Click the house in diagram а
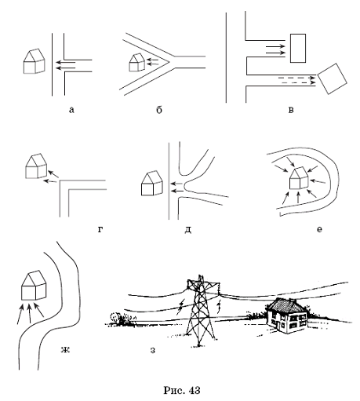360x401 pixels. [x=35, y=61]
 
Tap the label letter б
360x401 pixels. [x=159, y=110]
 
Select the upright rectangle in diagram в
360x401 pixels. [x=298, y=48]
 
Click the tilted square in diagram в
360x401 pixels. [x=333, y=78]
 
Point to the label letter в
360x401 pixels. [x=291, y=110]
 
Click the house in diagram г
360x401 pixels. [x=36, y=166]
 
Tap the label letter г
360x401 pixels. [x=100, y=229]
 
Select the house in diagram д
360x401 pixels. [x=152, y=183]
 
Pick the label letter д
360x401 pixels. [x=188, y=230]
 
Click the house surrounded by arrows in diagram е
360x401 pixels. [x=300, y=178]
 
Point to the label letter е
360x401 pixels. [x=319, y=229]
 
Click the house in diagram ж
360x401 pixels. [x=34, y=285]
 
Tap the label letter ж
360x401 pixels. [x=65, y=349]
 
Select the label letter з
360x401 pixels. [x=153, y=350]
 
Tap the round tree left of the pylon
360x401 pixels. [x=115, y=317]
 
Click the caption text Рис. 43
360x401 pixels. [x=182, y=390]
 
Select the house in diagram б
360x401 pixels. [x=136, y=62]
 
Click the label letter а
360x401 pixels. [x=71, y=110]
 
